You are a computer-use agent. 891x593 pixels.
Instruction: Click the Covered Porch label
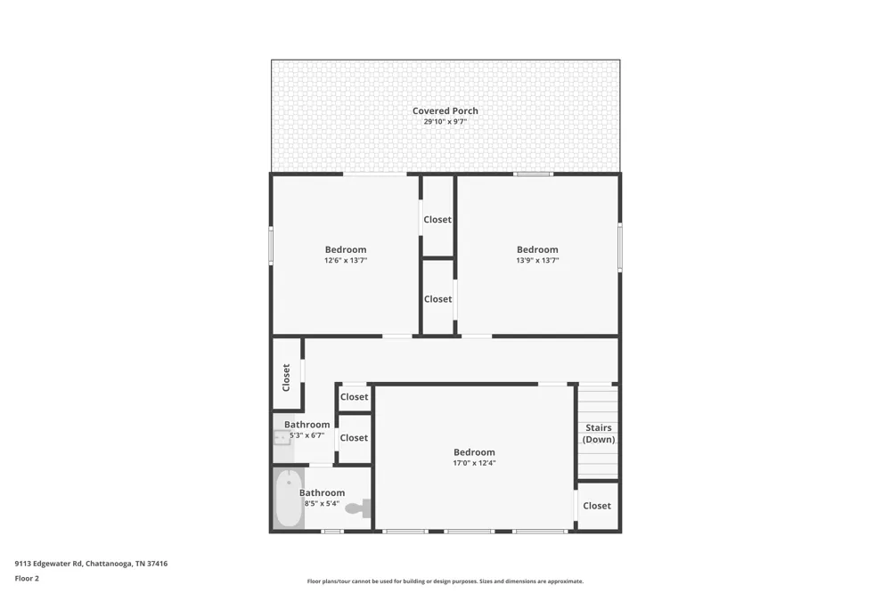[445, 110]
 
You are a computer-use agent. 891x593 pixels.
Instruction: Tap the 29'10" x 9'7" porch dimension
[445, 122]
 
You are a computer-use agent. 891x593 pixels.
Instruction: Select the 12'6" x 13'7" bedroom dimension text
[346, 260]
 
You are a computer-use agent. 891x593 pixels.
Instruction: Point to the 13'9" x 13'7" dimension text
[537, 260]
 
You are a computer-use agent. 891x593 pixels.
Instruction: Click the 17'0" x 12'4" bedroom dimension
[474, 463]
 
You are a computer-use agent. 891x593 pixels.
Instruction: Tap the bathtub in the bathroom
[289, 499]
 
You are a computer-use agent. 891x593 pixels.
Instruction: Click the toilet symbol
[358, 508]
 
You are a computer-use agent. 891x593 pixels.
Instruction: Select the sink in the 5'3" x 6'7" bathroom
[282, 437]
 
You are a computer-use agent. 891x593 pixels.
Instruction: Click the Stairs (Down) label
[599, 434]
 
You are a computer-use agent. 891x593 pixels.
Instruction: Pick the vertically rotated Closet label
[286, 378]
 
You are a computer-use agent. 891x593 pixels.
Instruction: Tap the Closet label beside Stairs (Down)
[597, 506]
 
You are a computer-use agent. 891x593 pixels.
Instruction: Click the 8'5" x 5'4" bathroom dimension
[322, 503]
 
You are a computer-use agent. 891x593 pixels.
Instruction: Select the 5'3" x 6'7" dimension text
[307, 435]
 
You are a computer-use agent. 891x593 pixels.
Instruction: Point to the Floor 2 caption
[27, 578]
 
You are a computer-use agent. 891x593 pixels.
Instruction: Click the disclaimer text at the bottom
[445, 581]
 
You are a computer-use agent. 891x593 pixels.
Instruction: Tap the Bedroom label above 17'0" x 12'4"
[474, 452]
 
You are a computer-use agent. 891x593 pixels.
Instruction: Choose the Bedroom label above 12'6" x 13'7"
[346, 249]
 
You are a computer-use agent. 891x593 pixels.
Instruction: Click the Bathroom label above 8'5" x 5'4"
[322, 492]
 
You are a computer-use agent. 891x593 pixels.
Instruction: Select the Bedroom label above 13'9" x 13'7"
[537, 249]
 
